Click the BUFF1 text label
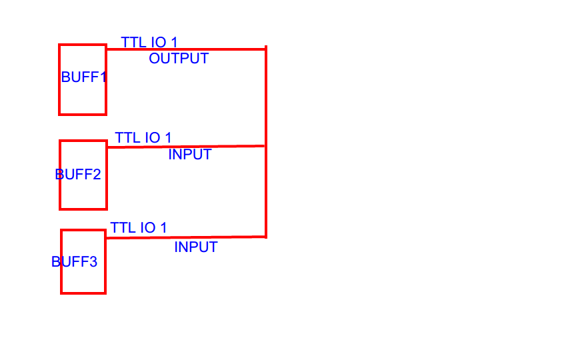84,77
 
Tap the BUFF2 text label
78,175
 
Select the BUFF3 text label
74,262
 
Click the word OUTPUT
179,59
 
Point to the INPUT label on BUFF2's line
190,155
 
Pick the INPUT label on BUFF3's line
196,247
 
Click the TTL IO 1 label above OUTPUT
149,43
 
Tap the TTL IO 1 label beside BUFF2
143,138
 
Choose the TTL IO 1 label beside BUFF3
139,228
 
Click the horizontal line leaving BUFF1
220,49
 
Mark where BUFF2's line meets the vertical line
266,145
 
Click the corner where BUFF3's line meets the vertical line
266,236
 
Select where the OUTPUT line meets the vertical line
266,49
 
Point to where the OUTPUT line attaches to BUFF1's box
107,49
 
